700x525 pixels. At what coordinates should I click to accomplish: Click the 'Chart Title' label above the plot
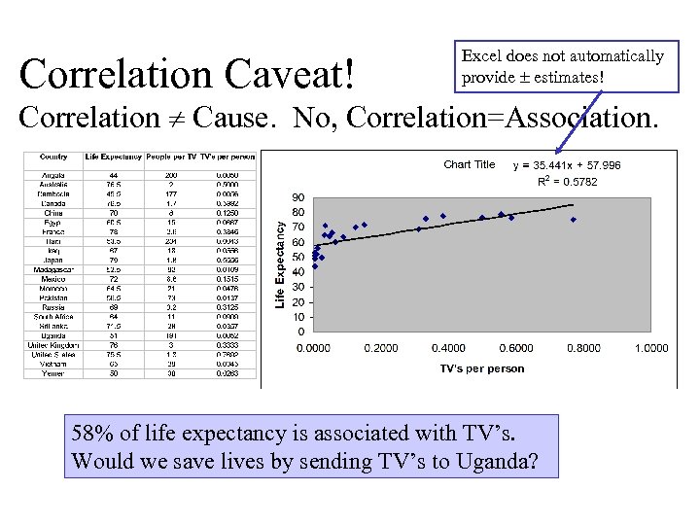(469, 164)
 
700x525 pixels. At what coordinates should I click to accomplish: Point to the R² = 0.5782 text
(568, 181)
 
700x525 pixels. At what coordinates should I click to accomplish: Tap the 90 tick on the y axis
(297, 197)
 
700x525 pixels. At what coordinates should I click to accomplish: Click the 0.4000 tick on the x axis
(447, 348)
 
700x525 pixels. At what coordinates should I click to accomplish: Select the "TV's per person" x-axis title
(481, 368)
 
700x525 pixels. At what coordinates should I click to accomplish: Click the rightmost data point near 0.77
(574, 220)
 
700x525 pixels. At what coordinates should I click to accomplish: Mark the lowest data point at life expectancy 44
(314, 266)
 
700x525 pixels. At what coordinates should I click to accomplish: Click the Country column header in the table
(53, 157)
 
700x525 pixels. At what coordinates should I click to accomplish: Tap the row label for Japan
(53, 261)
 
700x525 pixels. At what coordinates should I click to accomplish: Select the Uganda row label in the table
(53, 335)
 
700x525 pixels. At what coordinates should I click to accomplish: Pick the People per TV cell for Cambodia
(171, 194)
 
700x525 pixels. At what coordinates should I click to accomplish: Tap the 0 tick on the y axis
(300, 332)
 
